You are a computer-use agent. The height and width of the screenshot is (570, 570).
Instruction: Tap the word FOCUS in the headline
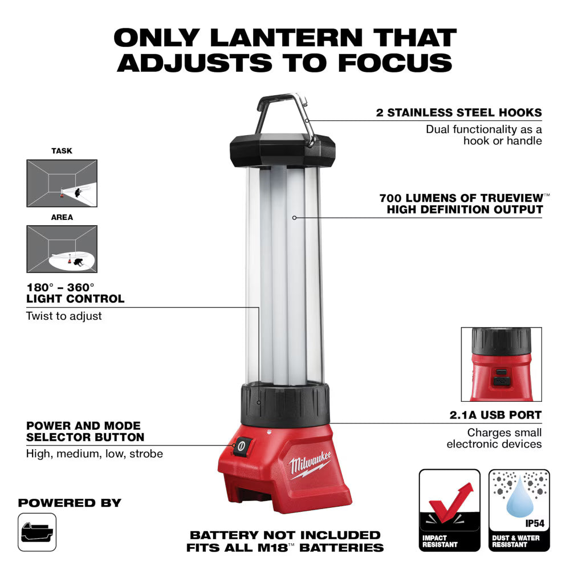394,62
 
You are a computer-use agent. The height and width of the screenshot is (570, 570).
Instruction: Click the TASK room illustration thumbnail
62,183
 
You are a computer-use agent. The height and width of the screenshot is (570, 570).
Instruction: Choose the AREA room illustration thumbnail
62,249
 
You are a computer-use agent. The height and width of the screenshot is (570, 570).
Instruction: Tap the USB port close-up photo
501,364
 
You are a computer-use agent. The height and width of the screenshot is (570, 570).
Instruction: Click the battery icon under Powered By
37,532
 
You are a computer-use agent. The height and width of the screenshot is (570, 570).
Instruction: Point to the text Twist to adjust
64,315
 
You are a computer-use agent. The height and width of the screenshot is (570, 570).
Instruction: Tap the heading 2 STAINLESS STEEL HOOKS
459,112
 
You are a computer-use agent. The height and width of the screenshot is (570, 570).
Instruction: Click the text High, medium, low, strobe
95,454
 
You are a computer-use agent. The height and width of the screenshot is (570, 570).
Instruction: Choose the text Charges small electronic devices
494,438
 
